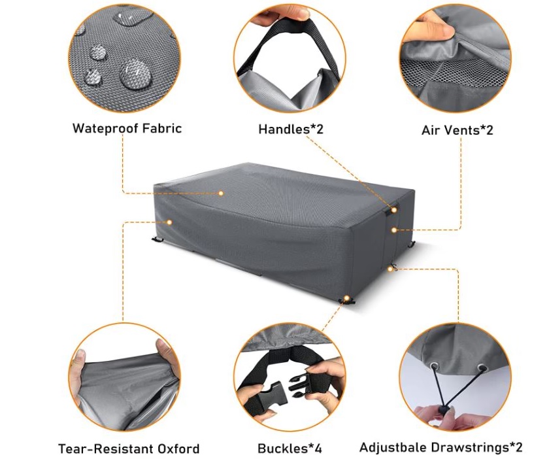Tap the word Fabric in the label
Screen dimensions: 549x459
pos(159,128)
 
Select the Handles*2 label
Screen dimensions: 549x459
pos(291,129)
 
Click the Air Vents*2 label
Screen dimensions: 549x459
pos(457,130)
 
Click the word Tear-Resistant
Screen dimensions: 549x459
pos(105,449)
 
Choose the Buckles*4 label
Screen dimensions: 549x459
pos(290,448)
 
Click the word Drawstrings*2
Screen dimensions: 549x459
pos(476,447)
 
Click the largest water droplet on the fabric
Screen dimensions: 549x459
pos(135,74)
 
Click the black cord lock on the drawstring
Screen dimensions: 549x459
pos(444,410)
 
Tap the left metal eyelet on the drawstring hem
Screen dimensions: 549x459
pos(435,367)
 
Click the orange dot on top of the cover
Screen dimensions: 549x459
pos(221,193)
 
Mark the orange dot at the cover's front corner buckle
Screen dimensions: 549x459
pos(346,298)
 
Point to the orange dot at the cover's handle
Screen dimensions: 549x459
pos(394,210)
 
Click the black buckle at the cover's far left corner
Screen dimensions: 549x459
pos(158,240)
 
